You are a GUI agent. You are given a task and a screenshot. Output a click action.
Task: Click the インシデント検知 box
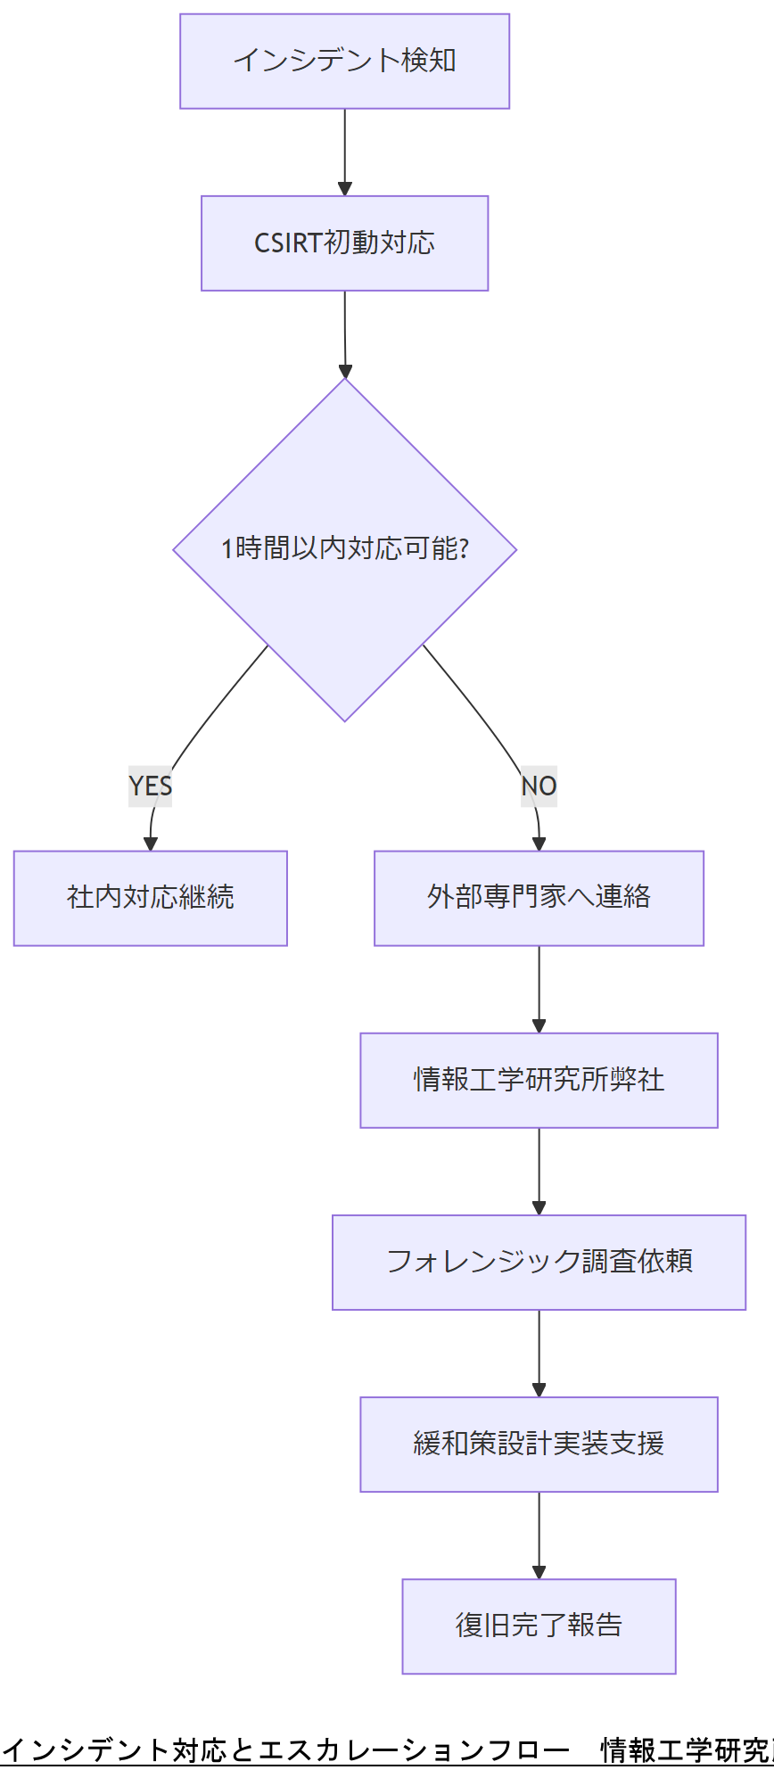[x=344, y=62]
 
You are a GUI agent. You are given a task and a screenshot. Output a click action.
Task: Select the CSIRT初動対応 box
[x=344, y=243]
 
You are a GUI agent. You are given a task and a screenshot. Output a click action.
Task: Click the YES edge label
[x=150, y=786]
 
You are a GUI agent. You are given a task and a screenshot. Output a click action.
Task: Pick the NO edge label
[x=539, y=786]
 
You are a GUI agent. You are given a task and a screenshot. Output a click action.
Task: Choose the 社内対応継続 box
[x=150, y=898]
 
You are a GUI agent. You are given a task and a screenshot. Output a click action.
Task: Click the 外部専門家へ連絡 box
[x=539, y=898]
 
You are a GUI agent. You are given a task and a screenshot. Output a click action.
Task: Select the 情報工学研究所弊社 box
[x=539, y=1080]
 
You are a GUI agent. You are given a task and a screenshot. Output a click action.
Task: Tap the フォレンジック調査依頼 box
[x=539, y=1262]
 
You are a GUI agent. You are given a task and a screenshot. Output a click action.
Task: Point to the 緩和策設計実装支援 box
[x=539, y=1444]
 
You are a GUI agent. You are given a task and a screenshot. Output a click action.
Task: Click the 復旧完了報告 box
[x=539, y=1626]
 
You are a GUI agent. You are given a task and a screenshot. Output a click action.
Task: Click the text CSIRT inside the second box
[x=287, y=243]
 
